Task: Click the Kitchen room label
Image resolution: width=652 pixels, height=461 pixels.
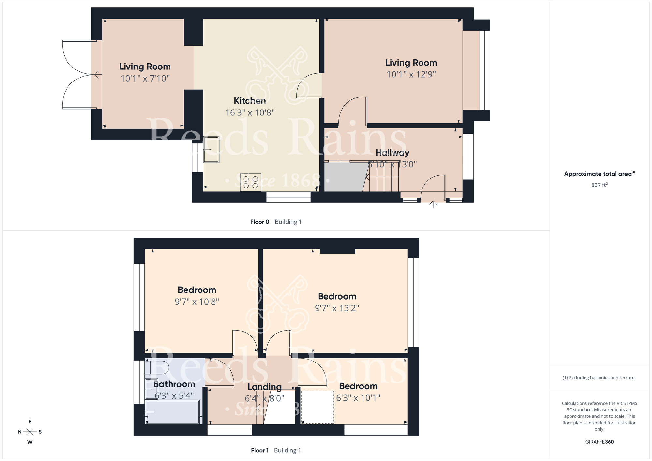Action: (x=250, y=101)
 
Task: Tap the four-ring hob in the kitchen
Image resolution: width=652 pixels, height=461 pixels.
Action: (x=250, y=182)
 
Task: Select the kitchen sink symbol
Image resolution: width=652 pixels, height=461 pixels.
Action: (x=211, y=150)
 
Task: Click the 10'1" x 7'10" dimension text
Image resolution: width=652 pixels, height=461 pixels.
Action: (x=145, y=78)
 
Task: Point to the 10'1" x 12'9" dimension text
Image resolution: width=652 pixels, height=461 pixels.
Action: (x=411, y=74)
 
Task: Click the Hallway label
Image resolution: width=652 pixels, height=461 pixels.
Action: (x=392, y=153)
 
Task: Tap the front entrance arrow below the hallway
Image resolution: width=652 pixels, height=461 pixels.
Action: (x=433, y=204)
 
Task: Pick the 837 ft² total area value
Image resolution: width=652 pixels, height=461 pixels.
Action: (x=600, y=185)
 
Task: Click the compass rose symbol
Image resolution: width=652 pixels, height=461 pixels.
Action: (x=30, y=432)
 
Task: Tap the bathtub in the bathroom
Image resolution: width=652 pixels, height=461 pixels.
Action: (x=172, y=412)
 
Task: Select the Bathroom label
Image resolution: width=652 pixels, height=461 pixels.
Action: (x=174, y=384)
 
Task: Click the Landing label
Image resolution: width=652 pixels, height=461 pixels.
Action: (x=265, y=387)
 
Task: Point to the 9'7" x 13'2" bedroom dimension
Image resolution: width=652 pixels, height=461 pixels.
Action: (x=337, y=308)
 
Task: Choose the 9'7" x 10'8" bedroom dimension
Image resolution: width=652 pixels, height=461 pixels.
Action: (x=197, y=302)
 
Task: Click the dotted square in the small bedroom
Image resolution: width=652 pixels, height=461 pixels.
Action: (x=317, y=407)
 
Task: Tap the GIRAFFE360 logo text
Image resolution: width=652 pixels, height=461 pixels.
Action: (x=600, y=442)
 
